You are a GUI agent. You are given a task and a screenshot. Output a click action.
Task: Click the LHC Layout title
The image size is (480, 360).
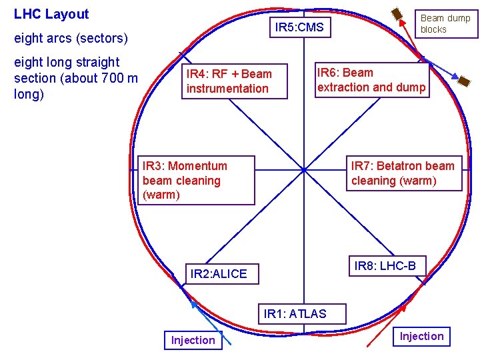(51, 14)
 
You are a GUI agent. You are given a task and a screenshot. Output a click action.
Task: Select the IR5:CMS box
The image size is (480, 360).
(299, 27)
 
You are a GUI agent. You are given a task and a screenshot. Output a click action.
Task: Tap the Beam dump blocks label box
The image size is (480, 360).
(445, 24)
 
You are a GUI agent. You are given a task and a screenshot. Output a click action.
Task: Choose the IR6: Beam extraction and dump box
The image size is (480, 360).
(371, 81)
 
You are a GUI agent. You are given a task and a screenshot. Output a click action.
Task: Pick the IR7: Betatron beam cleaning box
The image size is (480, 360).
(404, 174)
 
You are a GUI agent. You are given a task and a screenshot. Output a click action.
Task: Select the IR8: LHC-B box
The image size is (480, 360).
(385, 267)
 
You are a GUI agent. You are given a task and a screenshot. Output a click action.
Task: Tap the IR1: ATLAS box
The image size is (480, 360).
(295, 314)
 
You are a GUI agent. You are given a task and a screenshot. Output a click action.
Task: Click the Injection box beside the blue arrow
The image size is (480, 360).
(193, 341)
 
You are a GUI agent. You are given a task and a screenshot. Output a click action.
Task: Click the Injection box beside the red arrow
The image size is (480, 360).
(421, 337)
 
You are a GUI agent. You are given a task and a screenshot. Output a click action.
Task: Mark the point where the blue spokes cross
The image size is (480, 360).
(304, 170)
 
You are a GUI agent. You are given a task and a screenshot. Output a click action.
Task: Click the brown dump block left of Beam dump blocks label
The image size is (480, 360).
(396, 13)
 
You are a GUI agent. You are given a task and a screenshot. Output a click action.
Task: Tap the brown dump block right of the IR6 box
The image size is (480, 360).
(463, 81)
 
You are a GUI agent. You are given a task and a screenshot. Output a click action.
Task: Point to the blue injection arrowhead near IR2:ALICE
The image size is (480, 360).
(194, 305)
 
